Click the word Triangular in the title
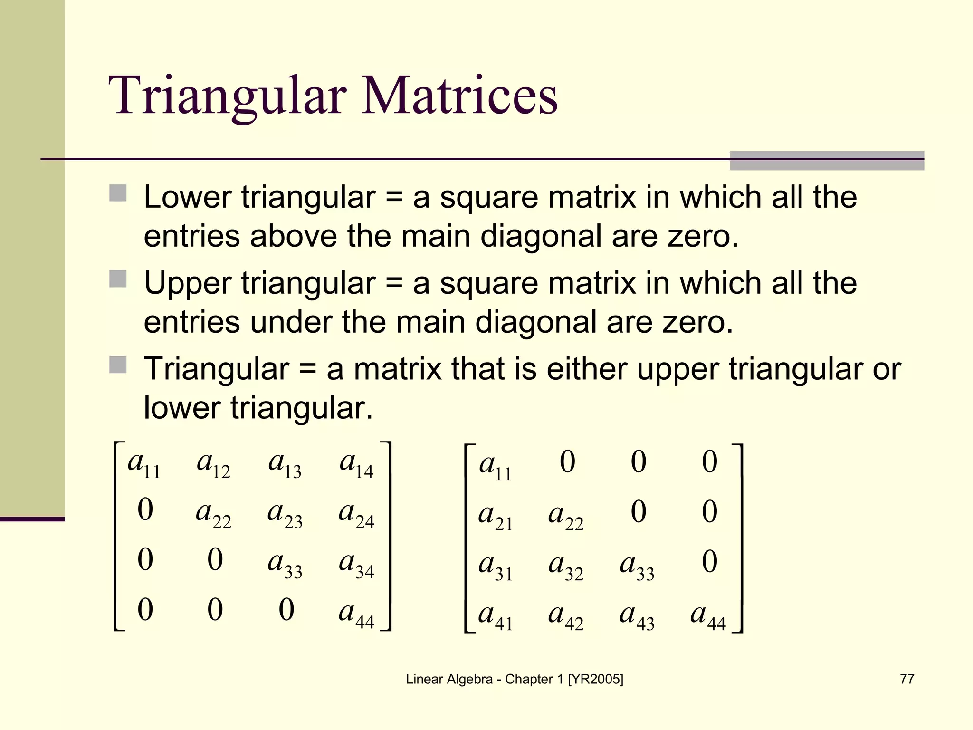[228, 96]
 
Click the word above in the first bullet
[293, 236]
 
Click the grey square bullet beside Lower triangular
[118, 193]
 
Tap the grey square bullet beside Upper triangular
[118, 279]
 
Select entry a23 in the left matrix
[285, 515]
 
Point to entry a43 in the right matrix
[637, 616]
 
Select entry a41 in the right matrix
[496, 616]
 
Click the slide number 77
[906, 679]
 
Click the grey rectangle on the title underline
[827, 161]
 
